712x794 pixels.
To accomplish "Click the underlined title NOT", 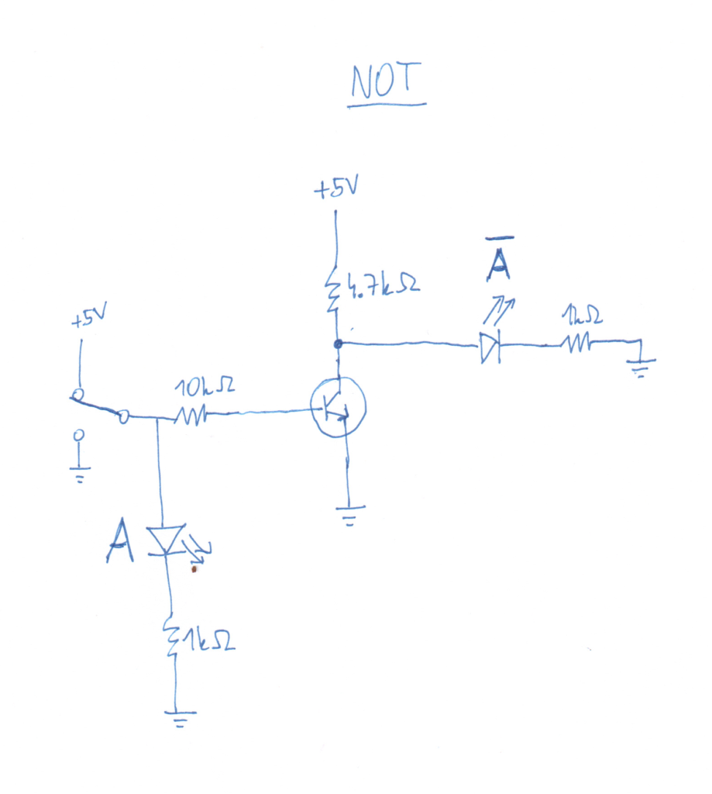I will [x=386, y=82].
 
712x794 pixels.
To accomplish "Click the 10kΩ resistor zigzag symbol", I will [x=189, y=416].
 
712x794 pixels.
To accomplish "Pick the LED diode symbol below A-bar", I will [x=490, y=347].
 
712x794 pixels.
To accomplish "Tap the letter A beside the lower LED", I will [x=120, y=541].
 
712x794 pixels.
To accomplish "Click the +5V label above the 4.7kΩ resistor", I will [x=335, y=189].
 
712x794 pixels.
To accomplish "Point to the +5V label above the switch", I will [x=88, y=319].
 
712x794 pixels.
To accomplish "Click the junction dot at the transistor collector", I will [x=337, y=343].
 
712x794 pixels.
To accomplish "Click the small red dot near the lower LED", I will [x=193, y=570].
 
